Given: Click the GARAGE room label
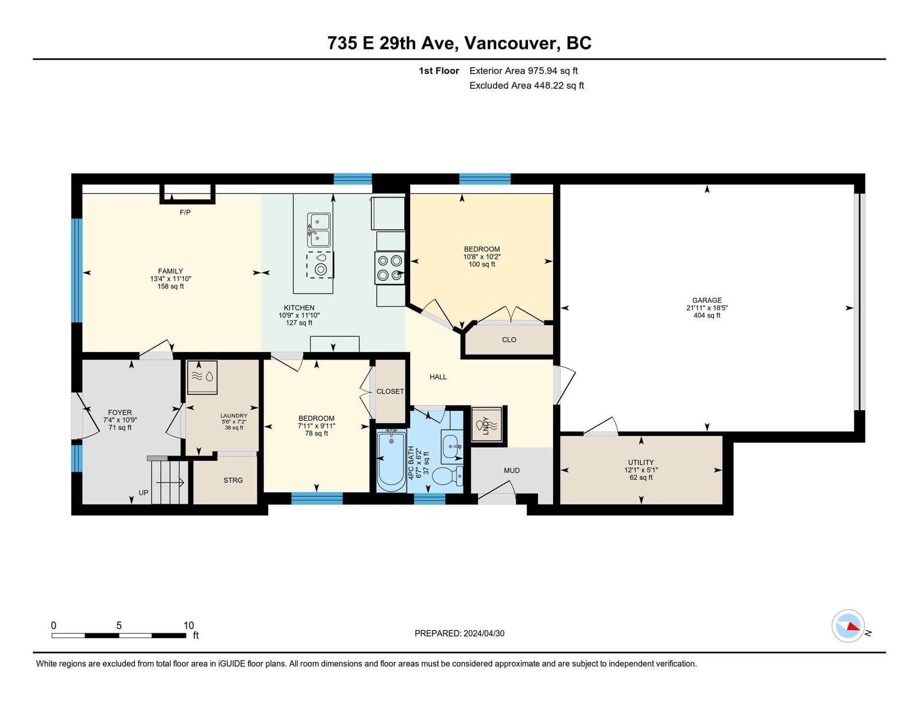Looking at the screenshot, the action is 706,300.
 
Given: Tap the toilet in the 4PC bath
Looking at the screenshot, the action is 449,476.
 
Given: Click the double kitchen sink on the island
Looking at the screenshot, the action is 318,230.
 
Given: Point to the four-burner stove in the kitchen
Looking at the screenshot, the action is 389,268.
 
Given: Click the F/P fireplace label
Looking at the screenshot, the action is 185,213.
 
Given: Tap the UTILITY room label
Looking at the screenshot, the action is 641,462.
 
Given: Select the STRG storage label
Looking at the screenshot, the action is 233,480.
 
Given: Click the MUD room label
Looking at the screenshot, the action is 512,470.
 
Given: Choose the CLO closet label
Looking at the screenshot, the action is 509,339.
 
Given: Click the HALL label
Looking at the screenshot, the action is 438,377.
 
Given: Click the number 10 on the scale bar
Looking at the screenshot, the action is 188,626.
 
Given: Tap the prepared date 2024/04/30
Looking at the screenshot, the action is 484,634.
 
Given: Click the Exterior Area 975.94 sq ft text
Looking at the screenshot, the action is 524,71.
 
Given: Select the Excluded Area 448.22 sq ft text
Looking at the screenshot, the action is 527,86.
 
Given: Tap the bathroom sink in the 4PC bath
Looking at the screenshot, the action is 451,446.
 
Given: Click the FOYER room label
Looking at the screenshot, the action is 119,412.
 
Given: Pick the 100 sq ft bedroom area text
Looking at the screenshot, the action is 482,264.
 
